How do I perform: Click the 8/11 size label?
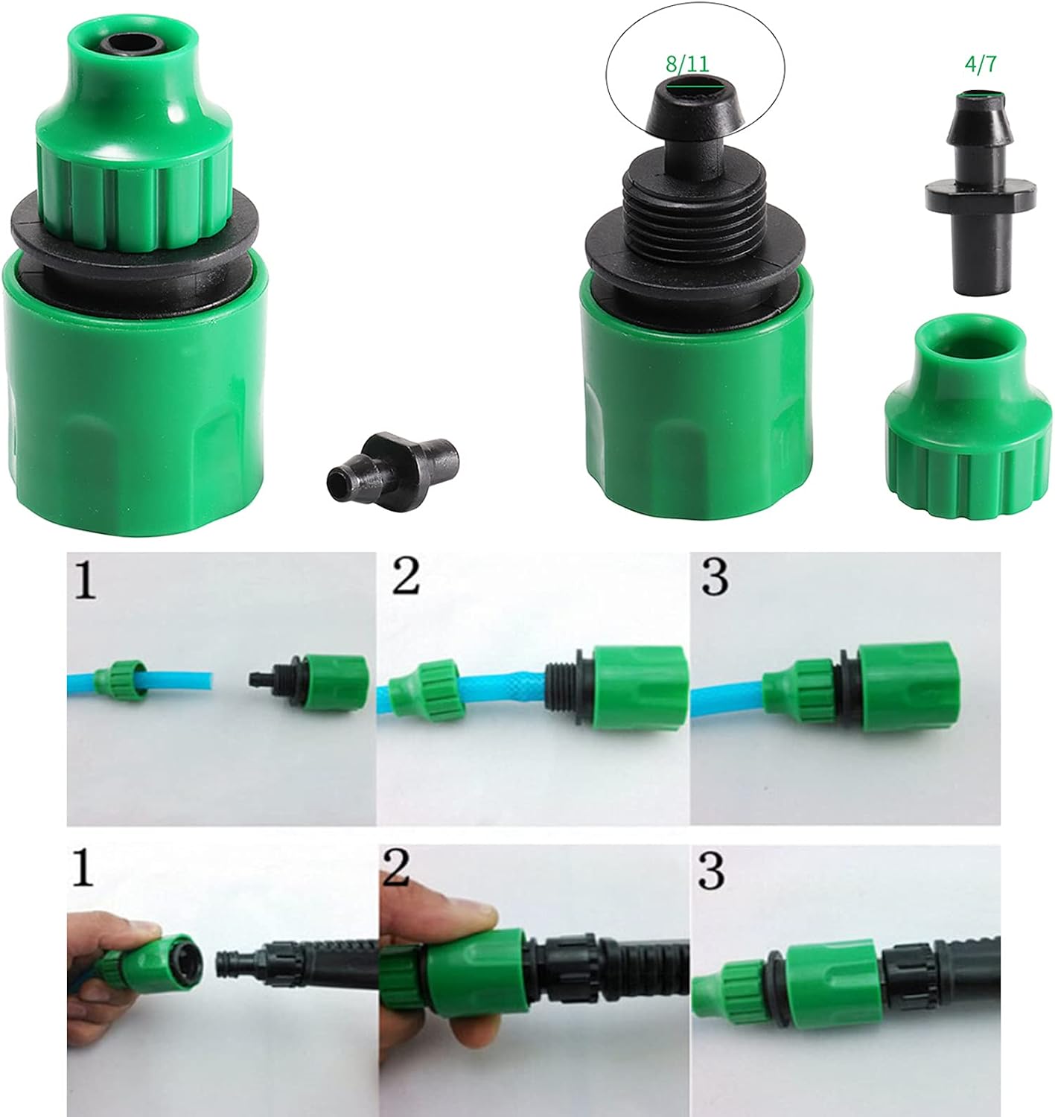(687, 63)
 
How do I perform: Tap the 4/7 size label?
(981, 64)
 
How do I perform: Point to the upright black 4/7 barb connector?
(980, 191)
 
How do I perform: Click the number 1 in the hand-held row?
(83, 867)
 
